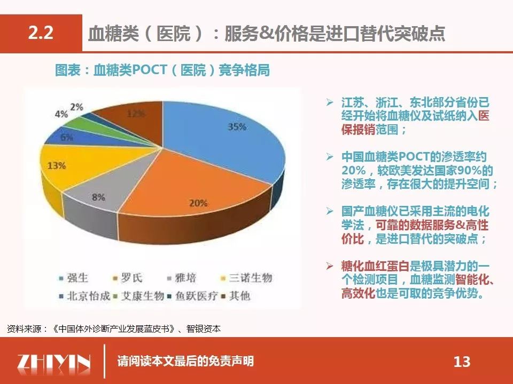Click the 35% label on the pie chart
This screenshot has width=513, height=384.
coord(237,127)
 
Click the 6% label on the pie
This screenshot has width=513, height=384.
coord(67,137)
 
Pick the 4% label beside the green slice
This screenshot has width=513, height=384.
coord(61,114)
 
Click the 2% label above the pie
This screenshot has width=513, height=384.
coord(76,107)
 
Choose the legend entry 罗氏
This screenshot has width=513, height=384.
coord(128,278)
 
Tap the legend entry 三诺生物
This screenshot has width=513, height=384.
coord(247,278)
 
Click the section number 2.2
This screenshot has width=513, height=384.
coord(41,33)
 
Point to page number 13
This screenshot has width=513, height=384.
coord(462,362)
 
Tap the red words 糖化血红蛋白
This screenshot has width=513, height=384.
coord(375,266)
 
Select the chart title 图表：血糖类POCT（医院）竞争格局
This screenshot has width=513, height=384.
coord(162,70)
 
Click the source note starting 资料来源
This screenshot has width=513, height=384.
coord(114,329)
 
